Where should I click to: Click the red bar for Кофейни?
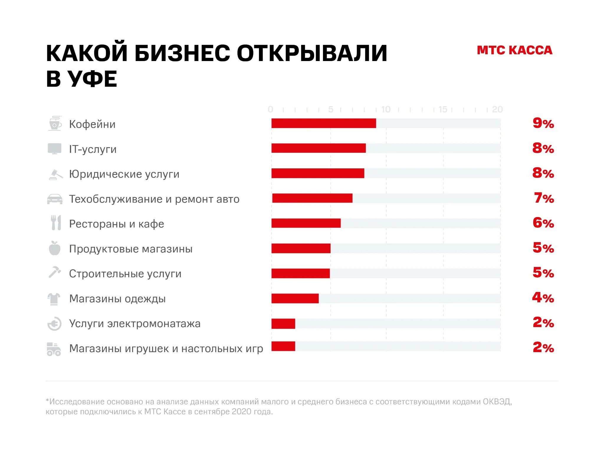click(x=324, y=123)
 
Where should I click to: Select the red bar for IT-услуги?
click(x=319, y=148)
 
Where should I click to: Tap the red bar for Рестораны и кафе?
click(x=306, y=223)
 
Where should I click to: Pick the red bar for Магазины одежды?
click(x=295, y=298)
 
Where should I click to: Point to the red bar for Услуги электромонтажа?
click(x=283, y=324)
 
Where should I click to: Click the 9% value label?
click(x=543, y=123)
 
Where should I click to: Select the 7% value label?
click(x=544, y=198)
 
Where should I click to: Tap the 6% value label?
click(x=543, y=223)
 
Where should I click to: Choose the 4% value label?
click(x=543, y=298)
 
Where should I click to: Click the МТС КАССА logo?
click(x=514, y=50)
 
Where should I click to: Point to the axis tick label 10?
click(x=385, y=109)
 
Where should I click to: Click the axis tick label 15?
click(x=443, y=109)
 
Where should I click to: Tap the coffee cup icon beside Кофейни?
click(x=55, y=123)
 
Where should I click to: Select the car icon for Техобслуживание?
click(x=55, y=199)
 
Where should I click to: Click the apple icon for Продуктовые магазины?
click(x=55, y=248)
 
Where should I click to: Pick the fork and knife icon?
click(x=56, y=223)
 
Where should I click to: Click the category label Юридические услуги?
click(x=124, y=174)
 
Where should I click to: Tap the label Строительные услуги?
click(x=125, y=274)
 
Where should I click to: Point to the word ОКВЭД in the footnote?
click(x=497, y=402)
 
